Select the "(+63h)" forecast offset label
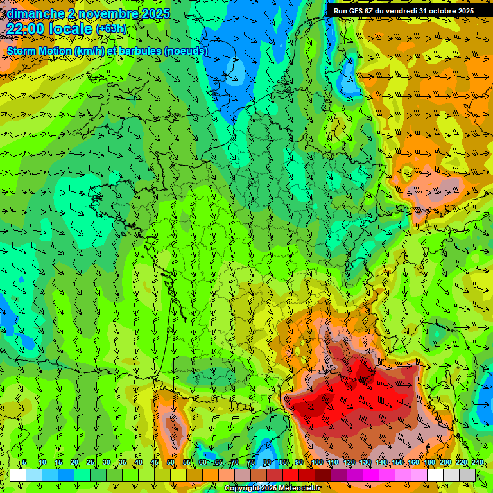(x=111, y=29)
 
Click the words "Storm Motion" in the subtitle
(x=39, y=51)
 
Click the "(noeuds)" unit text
(x=186, y=51)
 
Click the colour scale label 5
(x=24, y=463)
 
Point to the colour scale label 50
(x=170, y=463)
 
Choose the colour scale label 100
(x=316, y=463)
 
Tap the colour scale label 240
(x=477, y=463)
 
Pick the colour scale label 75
(x=251, y=463)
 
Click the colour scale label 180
(x=429, y=463)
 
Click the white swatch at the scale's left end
(x=17, y=475)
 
